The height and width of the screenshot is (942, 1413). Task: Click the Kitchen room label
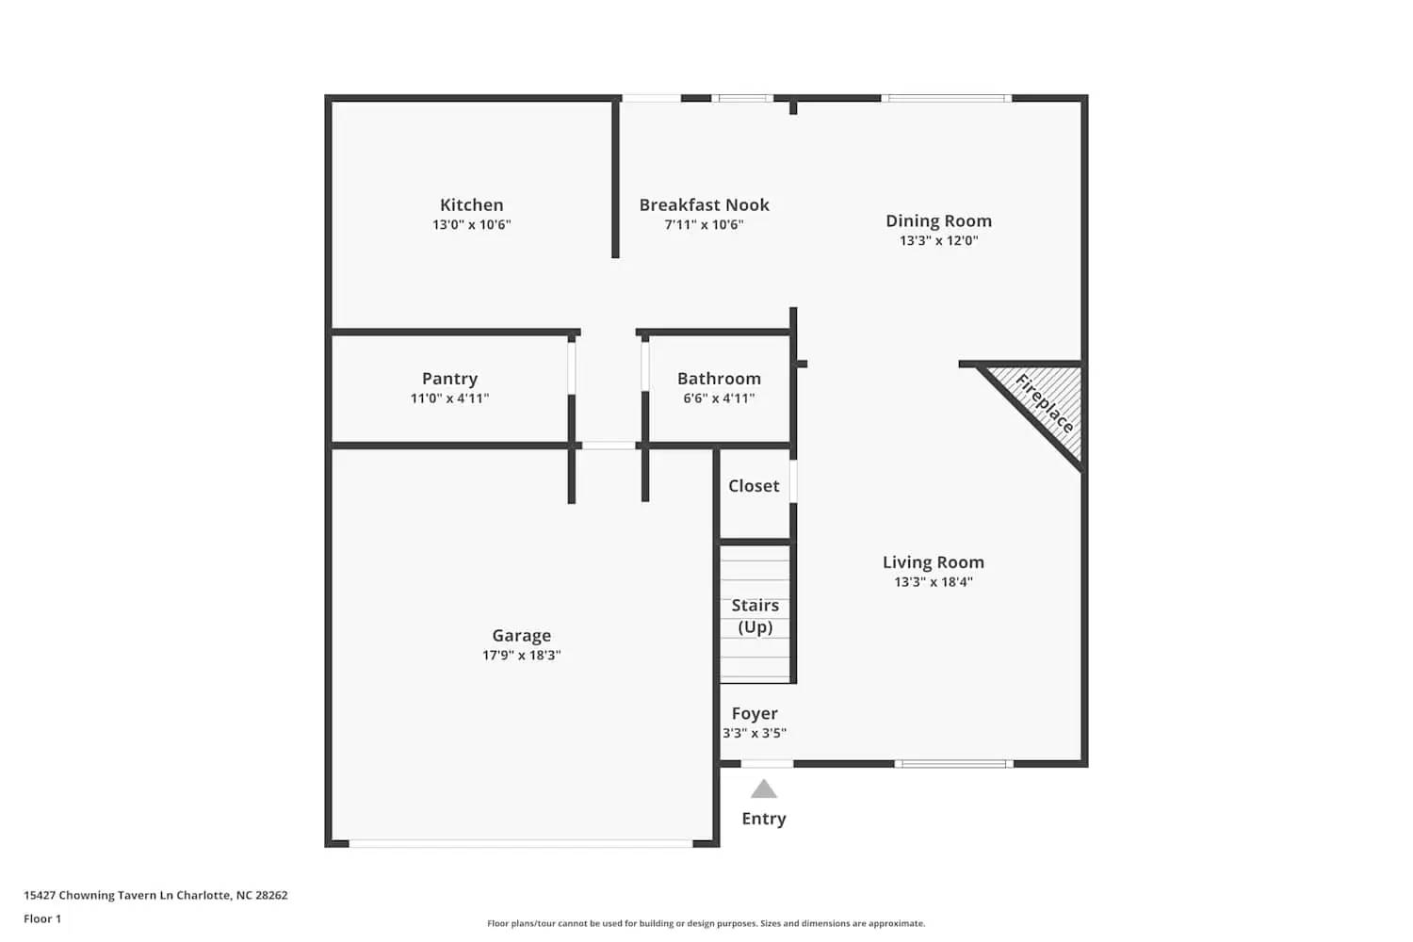point(471,204)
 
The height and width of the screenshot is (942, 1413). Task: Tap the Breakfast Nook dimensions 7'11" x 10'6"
point(704,225)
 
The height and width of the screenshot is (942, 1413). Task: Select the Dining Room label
point(938,220)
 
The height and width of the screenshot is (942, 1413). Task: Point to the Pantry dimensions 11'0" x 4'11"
point(449,398)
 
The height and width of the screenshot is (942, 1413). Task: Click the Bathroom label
point(719,378)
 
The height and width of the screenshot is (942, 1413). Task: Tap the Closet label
point(754,486)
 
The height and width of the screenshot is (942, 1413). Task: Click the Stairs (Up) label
point(755,616)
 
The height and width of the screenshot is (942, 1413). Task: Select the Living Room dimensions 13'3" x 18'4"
point(933,582)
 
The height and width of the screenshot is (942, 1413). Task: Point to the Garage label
point(521,636)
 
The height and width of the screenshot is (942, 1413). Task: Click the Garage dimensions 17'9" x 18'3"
point(521,656)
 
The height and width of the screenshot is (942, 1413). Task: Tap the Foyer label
point(755,713)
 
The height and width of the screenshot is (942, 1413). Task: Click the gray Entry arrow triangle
point(764,789)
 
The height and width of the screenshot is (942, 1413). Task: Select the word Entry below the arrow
point(764,819)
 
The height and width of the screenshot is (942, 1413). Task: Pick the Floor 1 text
point(42,918)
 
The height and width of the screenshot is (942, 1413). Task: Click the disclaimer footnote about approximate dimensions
point(706,923)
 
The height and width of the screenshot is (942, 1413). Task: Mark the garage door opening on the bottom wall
point(521,843)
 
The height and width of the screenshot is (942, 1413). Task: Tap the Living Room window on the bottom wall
point(953,763)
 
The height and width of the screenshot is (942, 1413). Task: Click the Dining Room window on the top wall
point(946,98)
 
